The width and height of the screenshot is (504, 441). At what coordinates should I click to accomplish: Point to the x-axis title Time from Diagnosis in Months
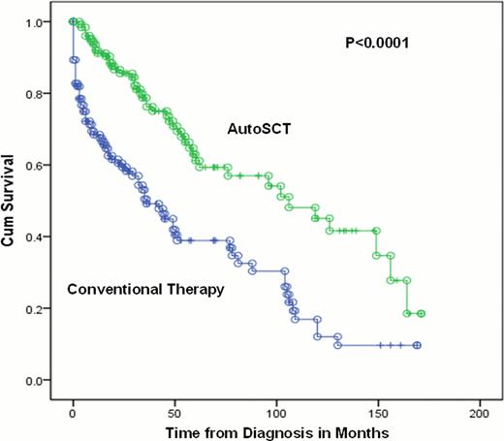275,428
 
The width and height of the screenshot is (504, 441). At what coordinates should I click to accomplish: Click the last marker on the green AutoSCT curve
421,314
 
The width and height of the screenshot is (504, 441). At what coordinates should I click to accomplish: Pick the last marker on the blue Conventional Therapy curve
417,345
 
